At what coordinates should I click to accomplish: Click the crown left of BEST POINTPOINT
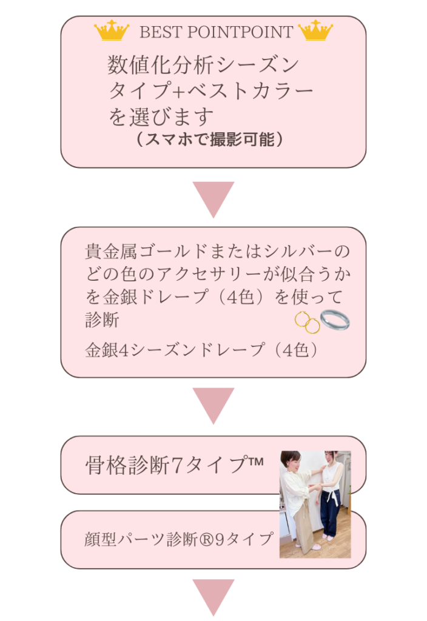pyautogui.click(x=112, y=30)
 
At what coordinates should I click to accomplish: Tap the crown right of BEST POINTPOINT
pyautogui.click(x=315, y=30)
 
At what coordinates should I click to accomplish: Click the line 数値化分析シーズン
pyautogui.click(x=203, y=64)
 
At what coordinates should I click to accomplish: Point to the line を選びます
pyautogui.click(x=161, y=116)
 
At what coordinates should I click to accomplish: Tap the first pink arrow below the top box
pyautogui.click(x=213, y=199)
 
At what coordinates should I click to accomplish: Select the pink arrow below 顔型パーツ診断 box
pyautogui.click(x=213, y=597)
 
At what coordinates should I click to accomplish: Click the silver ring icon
pyautogui.click(x=335, y=320)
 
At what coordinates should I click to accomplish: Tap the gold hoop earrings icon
pyautogui.click(x=307, y=323)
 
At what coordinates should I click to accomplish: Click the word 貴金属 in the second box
pyautogui.click(x=112, y=251)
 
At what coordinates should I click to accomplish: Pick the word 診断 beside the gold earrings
pyautogui.click(x=102, y=320)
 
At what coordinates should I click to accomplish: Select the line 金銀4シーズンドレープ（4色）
pyautogui.click(x=201, y=350)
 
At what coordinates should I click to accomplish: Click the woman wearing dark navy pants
pyautogui.click(x=330, y=494)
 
